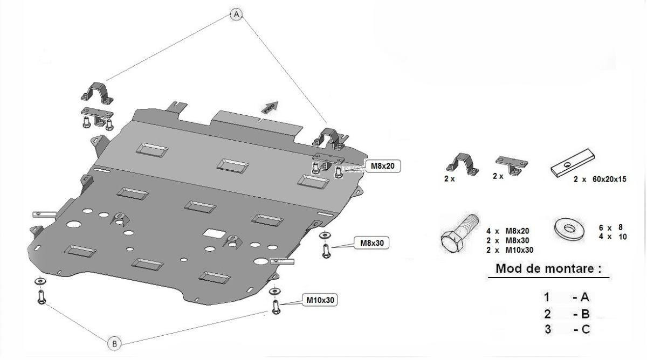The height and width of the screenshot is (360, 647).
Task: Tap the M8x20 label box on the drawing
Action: click(x=383, y=166)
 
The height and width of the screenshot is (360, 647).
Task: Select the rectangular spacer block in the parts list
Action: click(x=572, y=164)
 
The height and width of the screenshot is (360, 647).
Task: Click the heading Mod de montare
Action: click(x=548, y=268)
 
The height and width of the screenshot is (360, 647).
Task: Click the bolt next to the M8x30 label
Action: click(x=326, y=250)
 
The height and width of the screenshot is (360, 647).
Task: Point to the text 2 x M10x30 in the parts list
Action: click(x=510, y=250)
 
